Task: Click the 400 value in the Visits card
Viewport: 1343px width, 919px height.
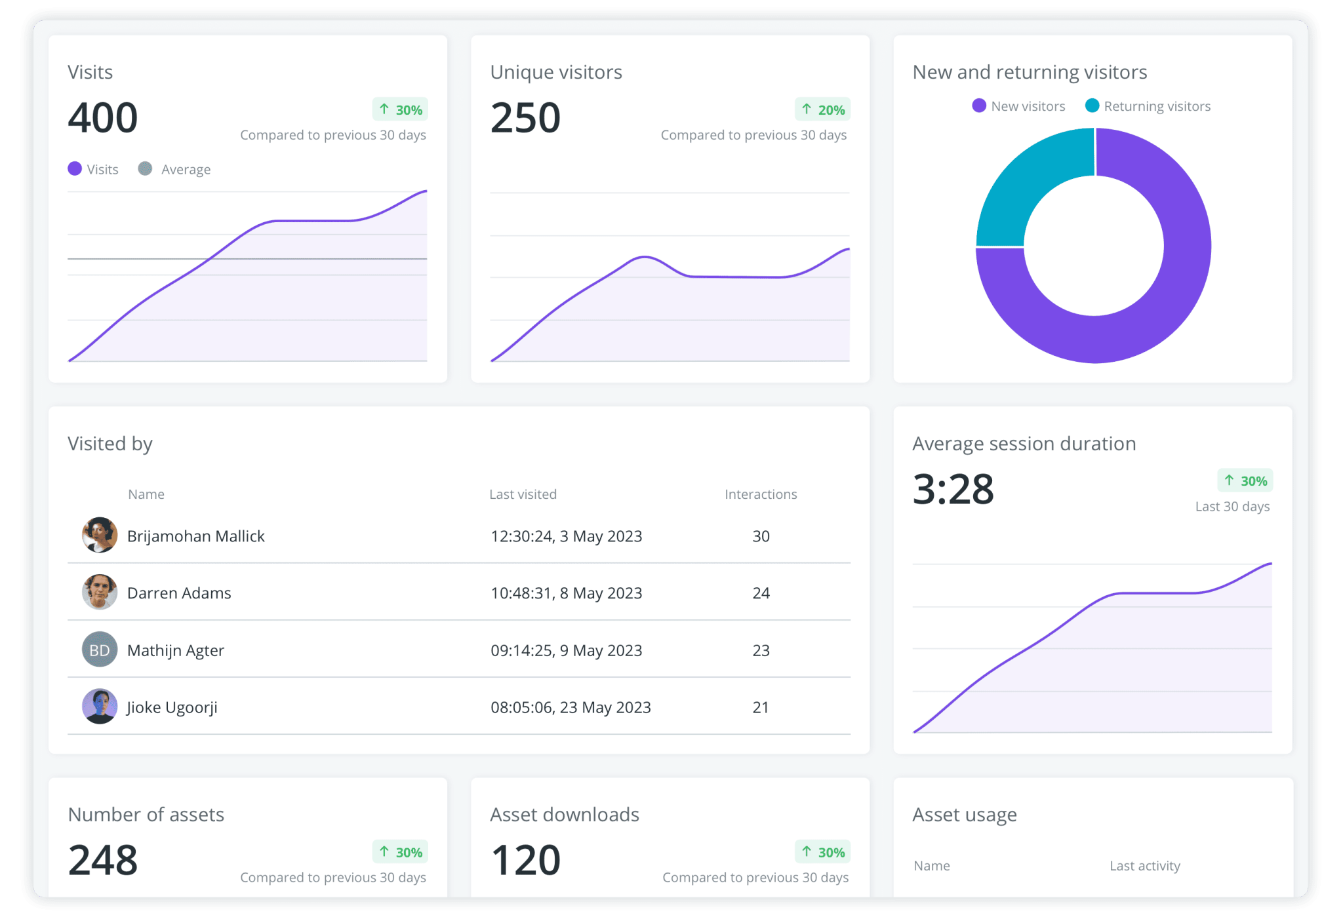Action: click(103, 118)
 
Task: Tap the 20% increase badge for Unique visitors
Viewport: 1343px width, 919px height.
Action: click(823, 109)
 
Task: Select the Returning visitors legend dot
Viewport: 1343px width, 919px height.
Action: click(1092, 106)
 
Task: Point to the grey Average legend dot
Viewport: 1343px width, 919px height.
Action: click(145, 168)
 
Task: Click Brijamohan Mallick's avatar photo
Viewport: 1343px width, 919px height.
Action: click(100, 535)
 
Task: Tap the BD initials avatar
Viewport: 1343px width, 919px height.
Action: click(100, 650)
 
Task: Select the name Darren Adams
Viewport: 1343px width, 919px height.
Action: click(179, 593)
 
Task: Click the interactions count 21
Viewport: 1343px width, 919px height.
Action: click(761, 707)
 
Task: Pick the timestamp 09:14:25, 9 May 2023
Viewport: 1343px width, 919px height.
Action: click(567, 650)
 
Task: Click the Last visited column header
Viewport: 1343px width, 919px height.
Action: click(523, 494)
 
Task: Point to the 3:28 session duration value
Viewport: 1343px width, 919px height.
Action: click(953, 490)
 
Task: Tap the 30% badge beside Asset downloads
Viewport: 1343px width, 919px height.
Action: click(823, 852)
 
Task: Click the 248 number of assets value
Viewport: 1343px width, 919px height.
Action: click(103, 860)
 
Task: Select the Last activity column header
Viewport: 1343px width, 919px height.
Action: click(1145, 866)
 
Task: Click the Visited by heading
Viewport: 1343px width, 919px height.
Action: click(110, 444)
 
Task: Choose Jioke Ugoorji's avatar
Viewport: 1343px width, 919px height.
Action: click(100, 707)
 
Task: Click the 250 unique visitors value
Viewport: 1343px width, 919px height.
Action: click(525, 118)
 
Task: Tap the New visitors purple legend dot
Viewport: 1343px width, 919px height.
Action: click(979, 106)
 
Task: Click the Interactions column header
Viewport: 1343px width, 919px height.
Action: click(761, 494)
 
